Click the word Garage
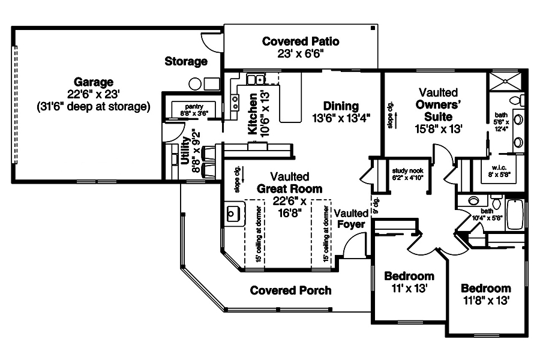94,81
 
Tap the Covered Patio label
301,41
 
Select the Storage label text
186,61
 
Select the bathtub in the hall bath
515,215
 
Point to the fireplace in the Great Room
233,213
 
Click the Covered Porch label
290,290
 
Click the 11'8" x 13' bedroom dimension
486,299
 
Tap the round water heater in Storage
196,84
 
